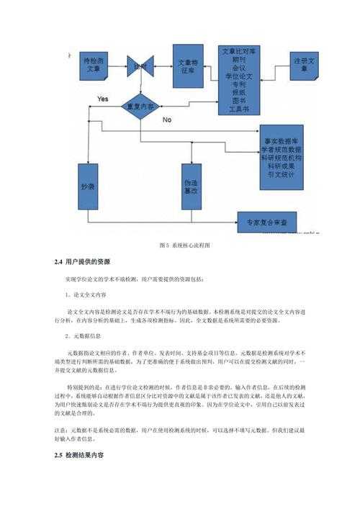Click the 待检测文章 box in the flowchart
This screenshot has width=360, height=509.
94,67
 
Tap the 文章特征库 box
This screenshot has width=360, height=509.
189,67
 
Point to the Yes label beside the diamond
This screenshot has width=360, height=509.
102,98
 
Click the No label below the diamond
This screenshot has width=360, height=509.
167,118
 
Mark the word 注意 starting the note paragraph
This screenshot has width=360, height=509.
60,430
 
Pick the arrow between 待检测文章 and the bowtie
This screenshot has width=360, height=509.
117,66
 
